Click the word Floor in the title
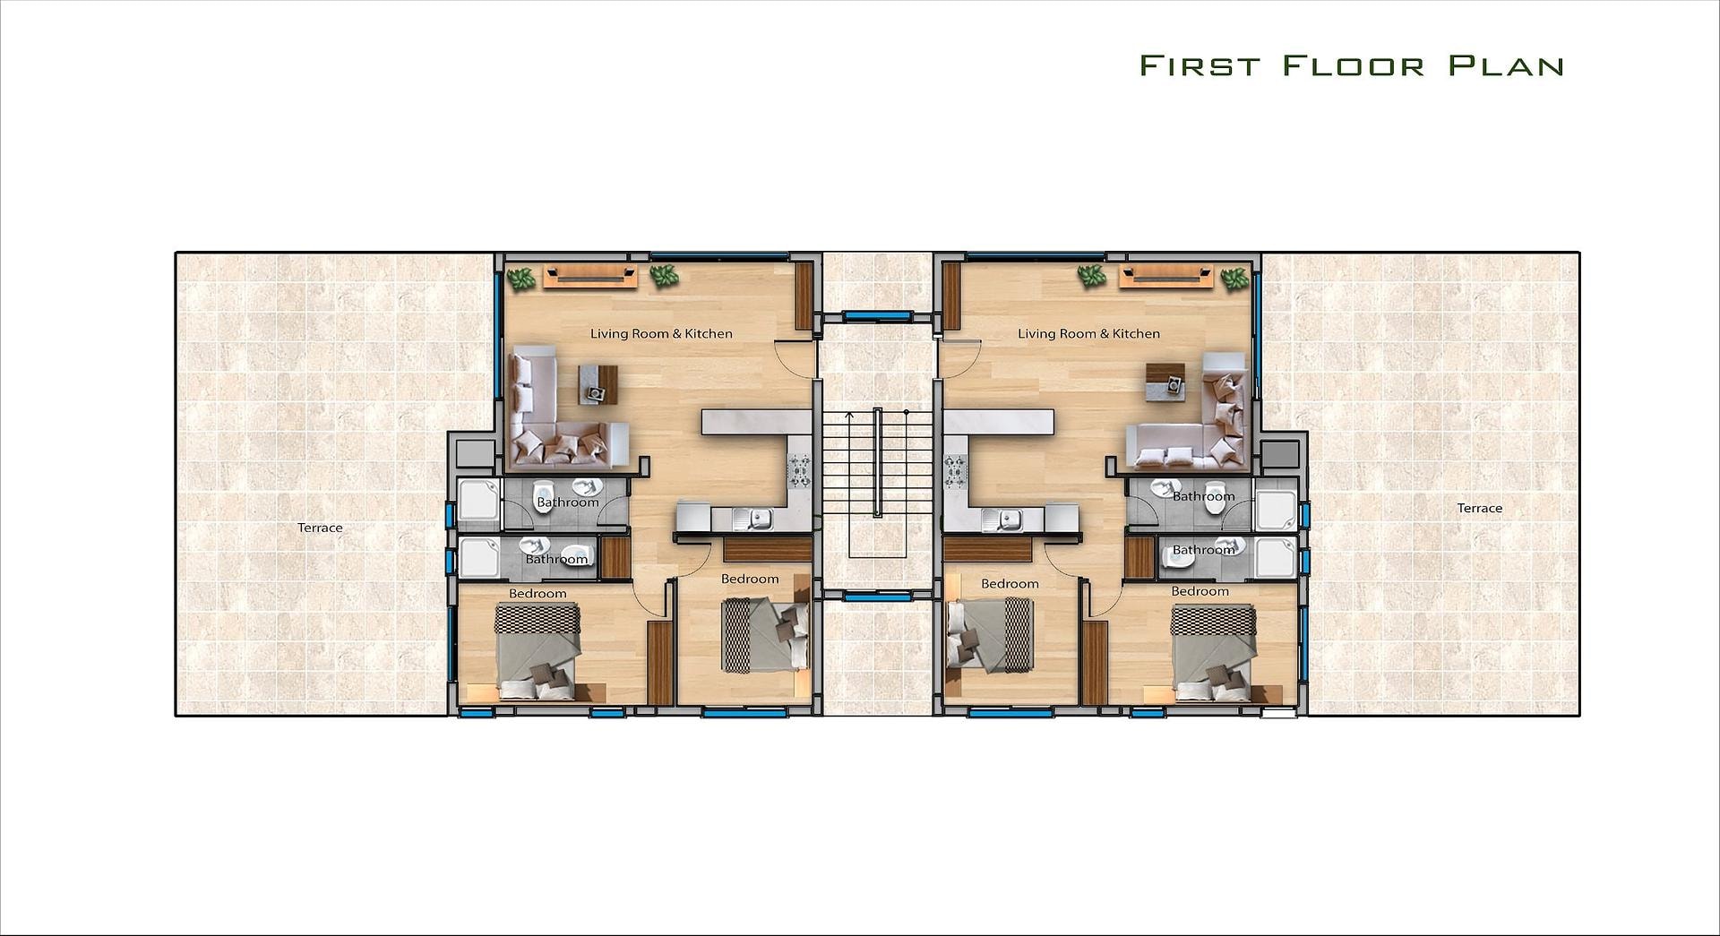(x=1353, y=65)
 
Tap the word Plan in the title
(x=1507, y=65)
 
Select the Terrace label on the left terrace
(x=320, y=528)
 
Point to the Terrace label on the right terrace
(x=1479, y=508)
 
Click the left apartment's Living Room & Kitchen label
(x=661, y=333)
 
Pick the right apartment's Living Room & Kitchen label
(x=1088, y=333)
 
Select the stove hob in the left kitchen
(x=799, y=470)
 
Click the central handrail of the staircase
(x=878, y=462)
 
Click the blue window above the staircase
(x=878, y=315)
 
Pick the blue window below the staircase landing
(x=878, y=595)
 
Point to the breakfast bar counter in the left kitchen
(x=756, y=422)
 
